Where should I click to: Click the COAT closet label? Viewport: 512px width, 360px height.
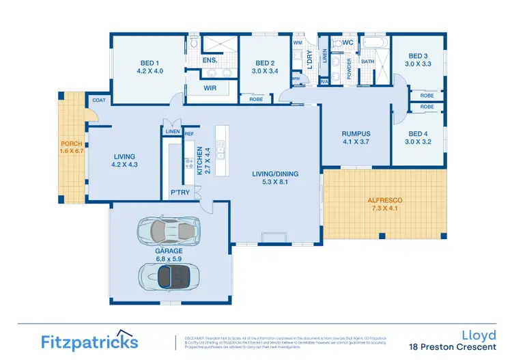click(x=100, y=100)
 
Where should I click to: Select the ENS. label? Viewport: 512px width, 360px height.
click(x=210, y=61)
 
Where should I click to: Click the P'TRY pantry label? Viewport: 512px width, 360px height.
click(x=180, y=193)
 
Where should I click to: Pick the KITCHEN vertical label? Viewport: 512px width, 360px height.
click(x=199, y=161)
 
